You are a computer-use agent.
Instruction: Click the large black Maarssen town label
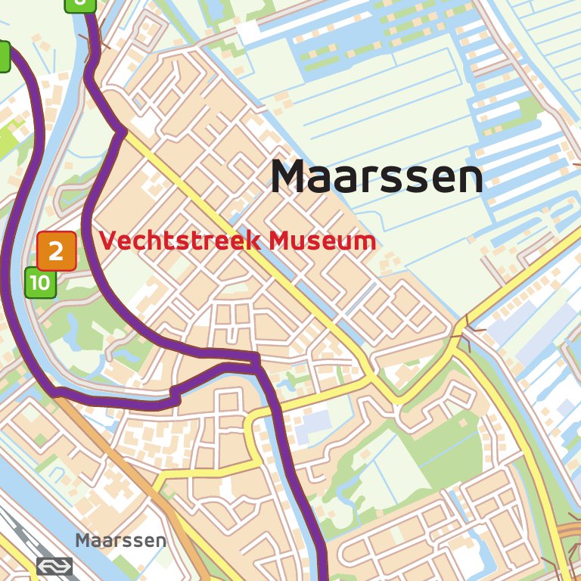pyautogui.click(x=377, y=177)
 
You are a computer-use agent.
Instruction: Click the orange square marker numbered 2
pyautogui.click(x=56, y=251)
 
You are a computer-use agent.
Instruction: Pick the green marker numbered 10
pyautogui.click(x=41, y=283)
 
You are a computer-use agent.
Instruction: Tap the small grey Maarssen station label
pyautogui.click(x=120, y=541)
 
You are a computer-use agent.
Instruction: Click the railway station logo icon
pyautogui.click(x=54, y=566)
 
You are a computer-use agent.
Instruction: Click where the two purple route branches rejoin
pyautogui.click(x=256, y=364)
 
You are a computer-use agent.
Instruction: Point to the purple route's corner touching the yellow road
pyautogui.click(x=121, y=133)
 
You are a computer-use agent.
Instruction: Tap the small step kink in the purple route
pyautogui.click(x=175, y=395)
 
